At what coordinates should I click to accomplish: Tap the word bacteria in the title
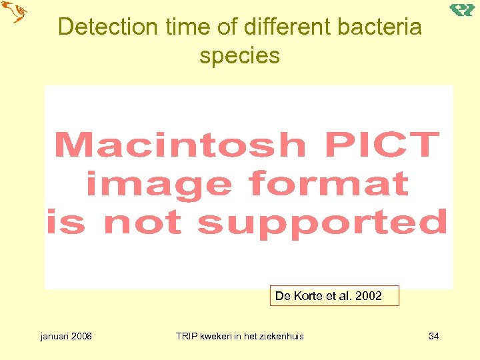click(x=381, y=27)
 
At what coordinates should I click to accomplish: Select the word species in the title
click(x=239, y=55)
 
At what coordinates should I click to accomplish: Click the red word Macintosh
click(x=179, y=145)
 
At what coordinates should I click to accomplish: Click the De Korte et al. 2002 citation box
click(x=334, y=295)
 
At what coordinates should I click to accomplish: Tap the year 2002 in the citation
click(x=369, y=295)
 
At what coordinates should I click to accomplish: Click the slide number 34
click(x=433, y=336)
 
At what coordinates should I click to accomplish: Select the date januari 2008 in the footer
click(x=66, y=336)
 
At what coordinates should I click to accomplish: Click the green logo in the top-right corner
click(x=462, y=9)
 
